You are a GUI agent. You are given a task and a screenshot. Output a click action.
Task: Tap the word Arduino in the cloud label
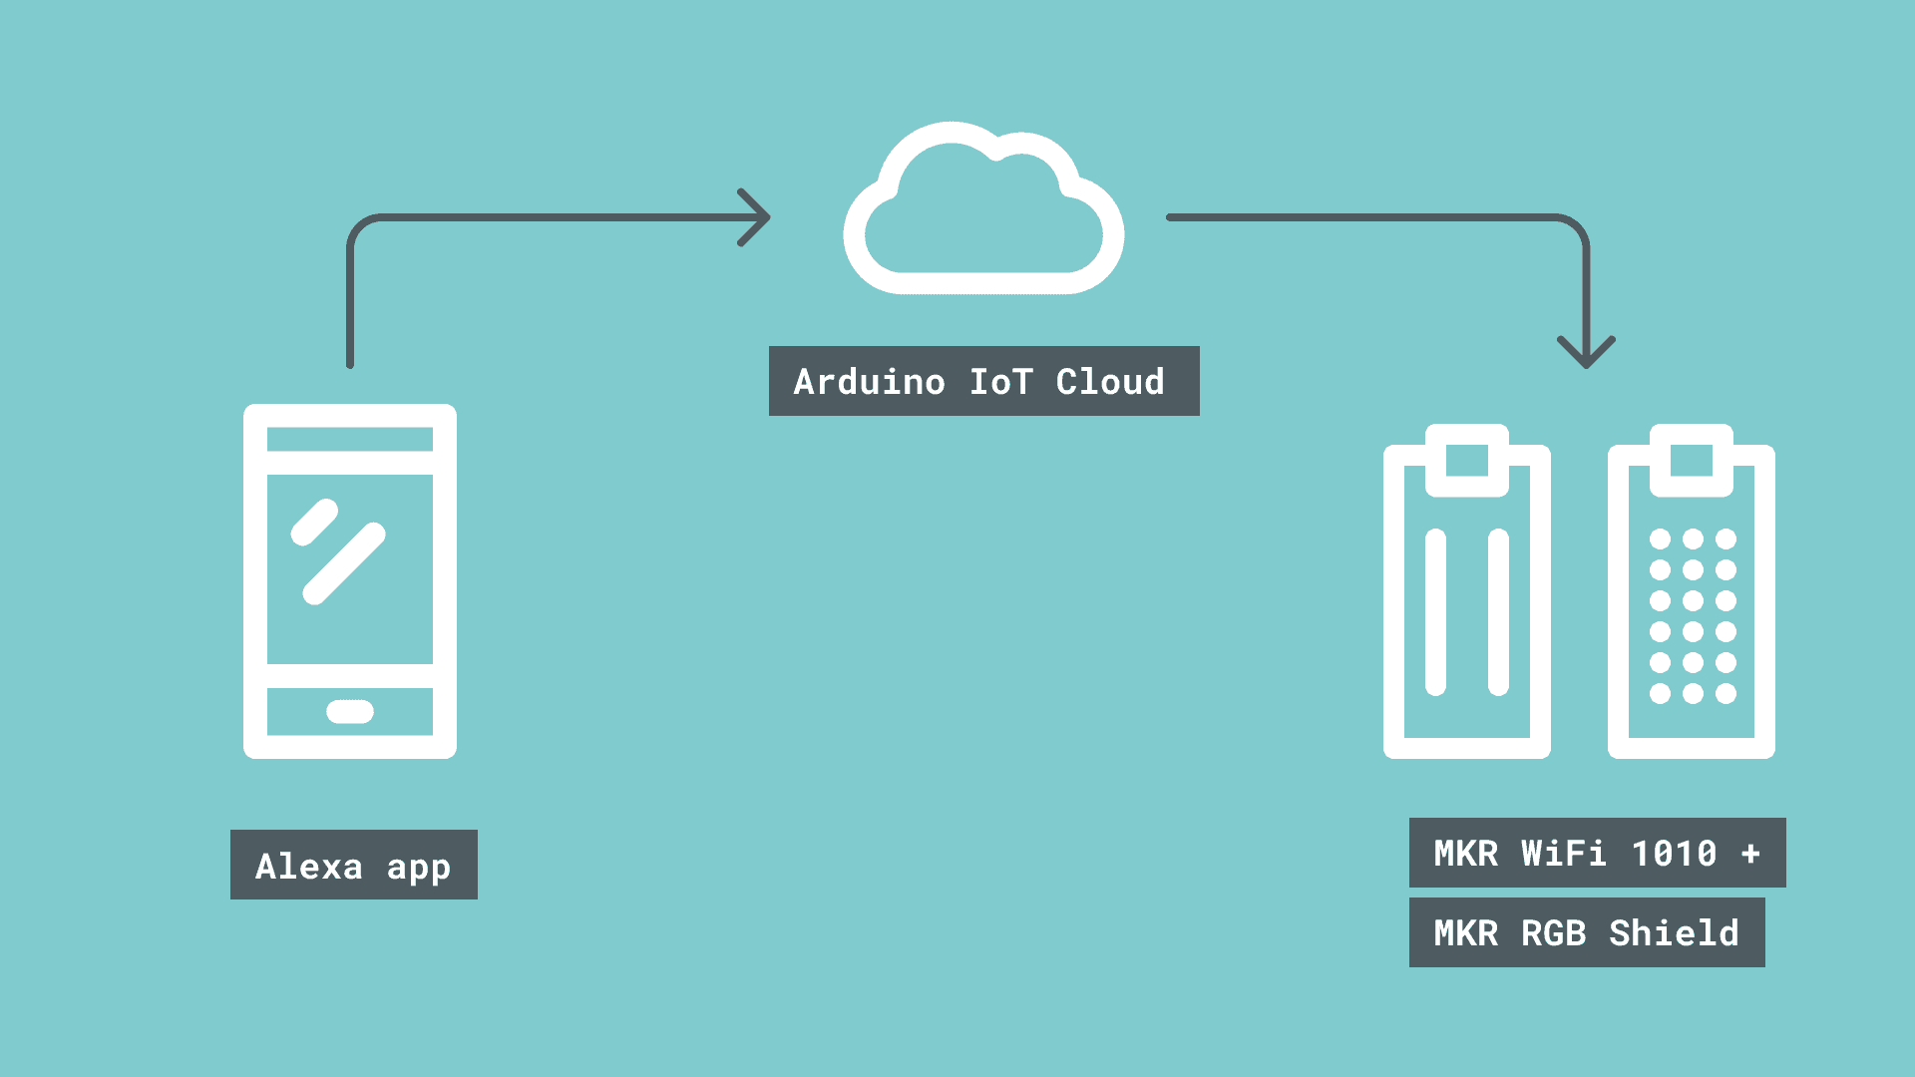click(869, 382)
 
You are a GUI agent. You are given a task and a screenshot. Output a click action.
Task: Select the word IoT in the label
click(1000, 382)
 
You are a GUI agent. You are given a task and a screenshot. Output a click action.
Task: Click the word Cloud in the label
click(1110, 382)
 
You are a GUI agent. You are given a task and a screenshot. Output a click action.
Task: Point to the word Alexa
click(309, 866)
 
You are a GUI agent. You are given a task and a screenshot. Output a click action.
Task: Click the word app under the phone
click(419, 868)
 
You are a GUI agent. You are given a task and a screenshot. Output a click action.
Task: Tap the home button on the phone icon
click(350, 711)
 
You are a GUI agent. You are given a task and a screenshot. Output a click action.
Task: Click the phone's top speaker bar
click(350, 440)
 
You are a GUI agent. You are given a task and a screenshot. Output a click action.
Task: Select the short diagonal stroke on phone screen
click(314, 523)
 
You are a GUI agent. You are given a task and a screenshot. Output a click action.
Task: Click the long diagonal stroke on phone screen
click(344, 563)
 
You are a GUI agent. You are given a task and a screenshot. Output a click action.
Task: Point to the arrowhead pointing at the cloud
click(756, 216)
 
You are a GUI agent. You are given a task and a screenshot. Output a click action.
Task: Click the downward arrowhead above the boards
click(1586, 351)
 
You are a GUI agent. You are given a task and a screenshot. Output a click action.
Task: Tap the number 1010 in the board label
click(1674, 854)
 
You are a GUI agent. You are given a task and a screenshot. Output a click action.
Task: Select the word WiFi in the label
click(1563, 854)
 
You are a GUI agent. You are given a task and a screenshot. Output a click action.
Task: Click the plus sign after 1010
click(1750, 854)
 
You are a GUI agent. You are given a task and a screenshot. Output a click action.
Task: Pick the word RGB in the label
click(1553, 933)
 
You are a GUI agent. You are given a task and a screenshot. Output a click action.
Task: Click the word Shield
click(1674, 933)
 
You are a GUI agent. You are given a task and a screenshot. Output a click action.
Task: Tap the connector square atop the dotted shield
click(1692, 461)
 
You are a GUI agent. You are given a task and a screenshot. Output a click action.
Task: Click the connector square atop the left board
click(1467, 461)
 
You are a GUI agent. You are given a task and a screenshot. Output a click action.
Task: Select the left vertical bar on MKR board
click(1435, 611)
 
